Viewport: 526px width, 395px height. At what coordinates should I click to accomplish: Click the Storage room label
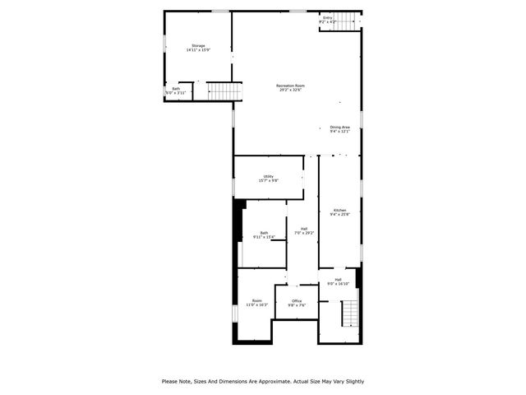[198, 45]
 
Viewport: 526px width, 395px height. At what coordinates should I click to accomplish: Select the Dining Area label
[340, 127]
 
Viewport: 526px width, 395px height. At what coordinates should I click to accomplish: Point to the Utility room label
[269, 176]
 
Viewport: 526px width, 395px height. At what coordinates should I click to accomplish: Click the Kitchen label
[339, 210]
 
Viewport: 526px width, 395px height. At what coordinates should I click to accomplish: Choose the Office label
[297, 300]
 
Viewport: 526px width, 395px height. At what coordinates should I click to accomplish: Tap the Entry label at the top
[328, 17]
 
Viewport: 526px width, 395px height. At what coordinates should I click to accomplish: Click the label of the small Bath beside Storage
[176, 89]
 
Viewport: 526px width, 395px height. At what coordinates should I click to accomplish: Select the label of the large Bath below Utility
[264, 233]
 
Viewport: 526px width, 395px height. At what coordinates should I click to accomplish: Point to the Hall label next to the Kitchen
[304, 229]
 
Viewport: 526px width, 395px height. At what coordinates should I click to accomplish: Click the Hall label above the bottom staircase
[338, 280]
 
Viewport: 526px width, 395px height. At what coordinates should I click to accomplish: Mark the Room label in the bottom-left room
[257, 300]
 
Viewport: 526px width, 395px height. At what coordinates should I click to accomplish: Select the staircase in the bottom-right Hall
[350, 313]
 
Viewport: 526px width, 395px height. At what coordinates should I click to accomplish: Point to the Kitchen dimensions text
[339, 215]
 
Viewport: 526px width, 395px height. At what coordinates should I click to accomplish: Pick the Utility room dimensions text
[269, 180]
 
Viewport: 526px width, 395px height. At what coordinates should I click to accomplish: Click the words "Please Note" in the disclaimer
[177, 381]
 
